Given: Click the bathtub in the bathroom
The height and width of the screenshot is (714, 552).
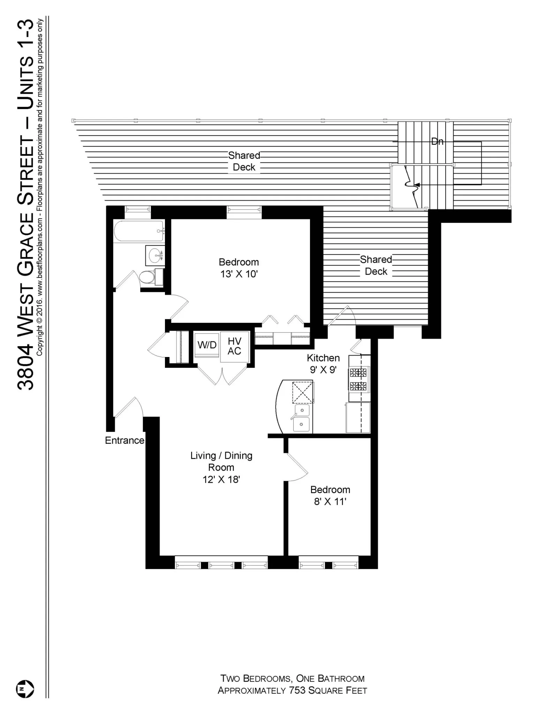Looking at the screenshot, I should click(138, 231).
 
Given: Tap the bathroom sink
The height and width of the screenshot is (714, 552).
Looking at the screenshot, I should click(154, 256).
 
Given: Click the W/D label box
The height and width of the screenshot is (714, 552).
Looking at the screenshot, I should click(207, 345).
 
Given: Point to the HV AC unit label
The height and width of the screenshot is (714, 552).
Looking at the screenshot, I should click(234, 346).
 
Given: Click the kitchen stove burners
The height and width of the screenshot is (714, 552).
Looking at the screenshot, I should click(358, 379).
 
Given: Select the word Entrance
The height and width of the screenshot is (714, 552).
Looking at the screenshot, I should click(124, 440).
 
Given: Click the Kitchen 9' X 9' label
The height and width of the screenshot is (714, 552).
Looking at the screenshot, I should click(323, 364).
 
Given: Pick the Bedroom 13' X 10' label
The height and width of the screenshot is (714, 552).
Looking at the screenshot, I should click(239, 268).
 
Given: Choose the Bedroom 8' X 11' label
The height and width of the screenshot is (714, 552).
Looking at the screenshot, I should click(330, 495).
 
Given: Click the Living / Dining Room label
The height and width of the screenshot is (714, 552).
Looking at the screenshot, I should click(221, 467).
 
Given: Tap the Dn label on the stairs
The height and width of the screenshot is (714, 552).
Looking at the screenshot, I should click(437, 142).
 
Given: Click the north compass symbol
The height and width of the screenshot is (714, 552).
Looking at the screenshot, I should click(25, 689).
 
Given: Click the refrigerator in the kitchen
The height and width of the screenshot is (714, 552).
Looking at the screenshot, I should click(358, 418).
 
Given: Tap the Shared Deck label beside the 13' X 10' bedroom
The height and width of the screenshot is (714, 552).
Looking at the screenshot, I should click(376, 265).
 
